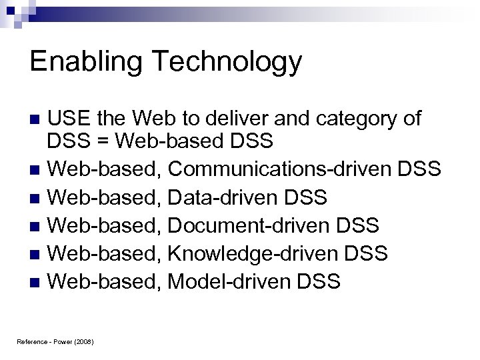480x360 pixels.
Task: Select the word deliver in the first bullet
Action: pos(245,119)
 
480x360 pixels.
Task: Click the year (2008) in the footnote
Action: pos(84,342)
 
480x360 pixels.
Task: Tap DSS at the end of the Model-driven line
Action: pos(319,281)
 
